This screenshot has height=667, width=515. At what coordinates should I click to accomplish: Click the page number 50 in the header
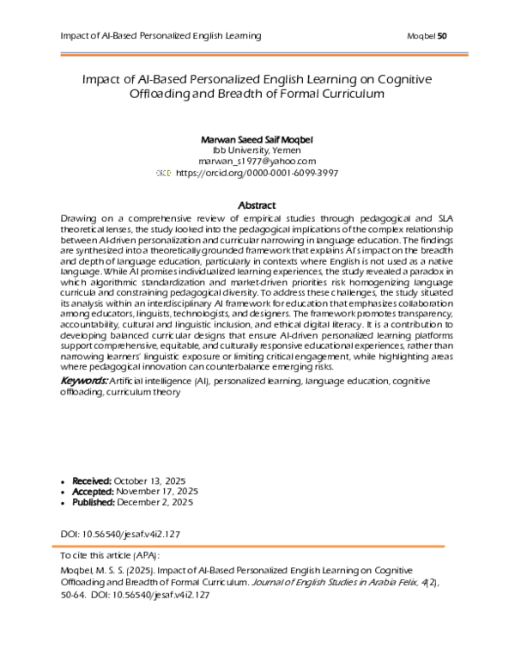[x=443, y=35]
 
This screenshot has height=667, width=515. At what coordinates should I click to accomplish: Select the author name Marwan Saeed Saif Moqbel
[x=257, y=138]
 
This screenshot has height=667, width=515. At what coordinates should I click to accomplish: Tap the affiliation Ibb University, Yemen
[x=257, y=149]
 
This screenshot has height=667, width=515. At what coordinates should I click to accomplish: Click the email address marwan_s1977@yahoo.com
[x=257, y=161]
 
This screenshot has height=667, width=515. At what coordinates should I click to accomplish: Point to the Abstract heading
[x=256, y=205]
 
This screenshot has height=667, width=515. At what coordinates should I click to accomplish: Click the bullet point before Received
[x=65, y=480]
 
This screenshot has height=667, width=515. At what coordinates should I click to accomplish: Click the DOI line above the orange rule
[x=121, y=534]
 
